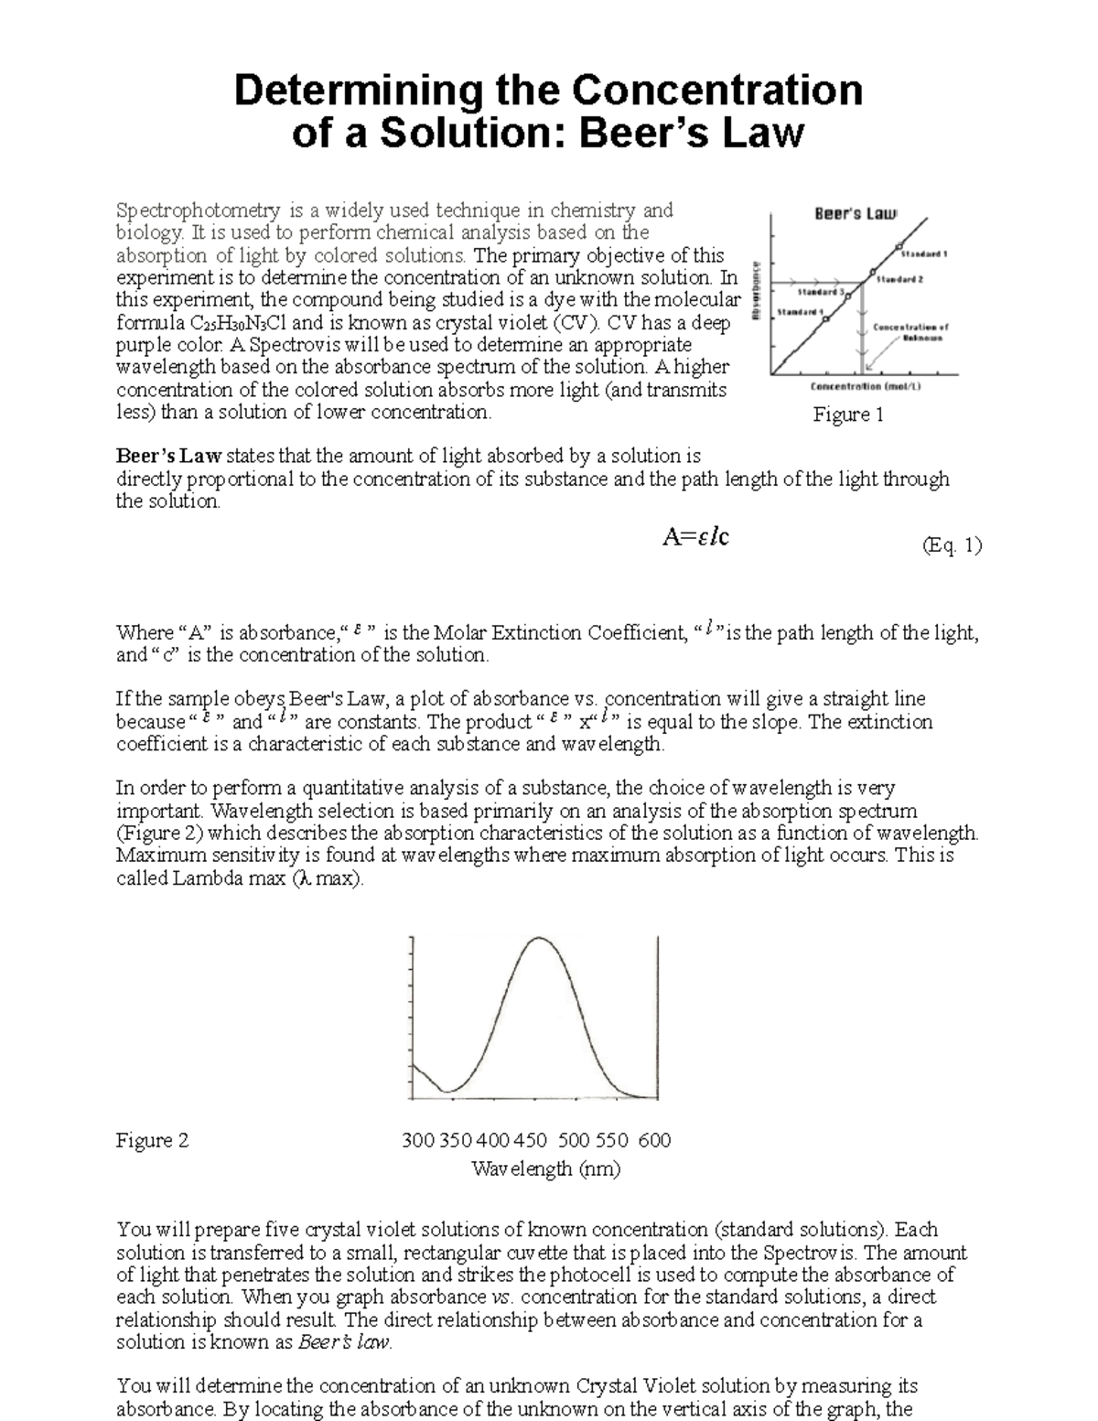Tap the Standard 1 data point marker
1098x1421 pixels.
(x=899, y=246)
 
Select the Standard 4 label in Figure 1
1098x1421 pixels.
(x=798, y=312)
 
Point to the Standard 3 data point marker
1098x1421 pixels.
(x=848, y=296)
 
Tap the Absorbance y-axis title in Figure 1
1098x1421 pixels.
(x=757, y=288)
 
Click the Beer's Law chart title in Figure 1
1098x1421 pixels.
(x=856, y=213)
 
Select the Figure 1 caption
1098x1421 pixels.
(x=848, y=415)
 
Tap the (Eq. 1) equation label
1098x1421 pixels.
(x=952, y=546)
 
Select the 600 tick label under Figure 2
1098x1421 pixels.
(x=654, y=1140)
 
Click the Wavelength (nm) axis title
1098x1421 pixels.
(x=545, y=1168)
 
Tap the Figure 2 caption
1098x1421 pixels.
(x=152, y=1140)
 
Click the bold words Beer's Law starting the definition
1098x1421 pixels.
(x=168, y=456)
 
